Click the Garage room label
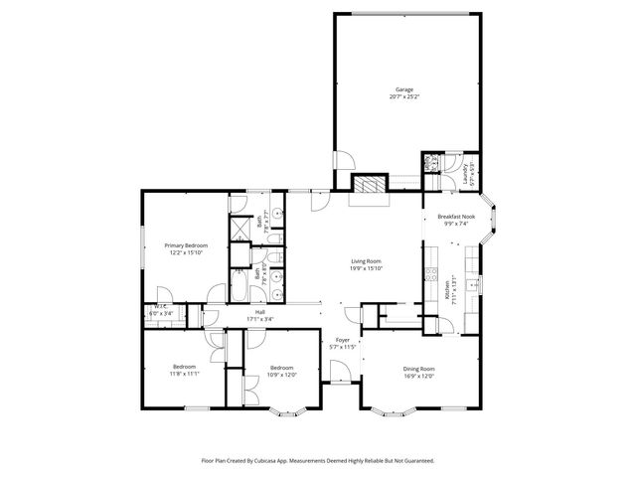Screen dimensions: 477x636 coord(402,89)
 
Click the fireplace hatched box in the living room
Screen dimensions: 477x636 coord(369,185)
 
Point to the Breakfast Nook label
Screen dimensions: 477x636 coord(456,217)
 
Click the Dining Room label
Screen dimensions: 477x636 coord(418,369)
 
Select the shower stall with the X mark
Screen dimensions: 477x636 coord(241,229)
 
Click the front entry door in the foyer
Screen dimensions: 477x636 coord(339,374)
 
